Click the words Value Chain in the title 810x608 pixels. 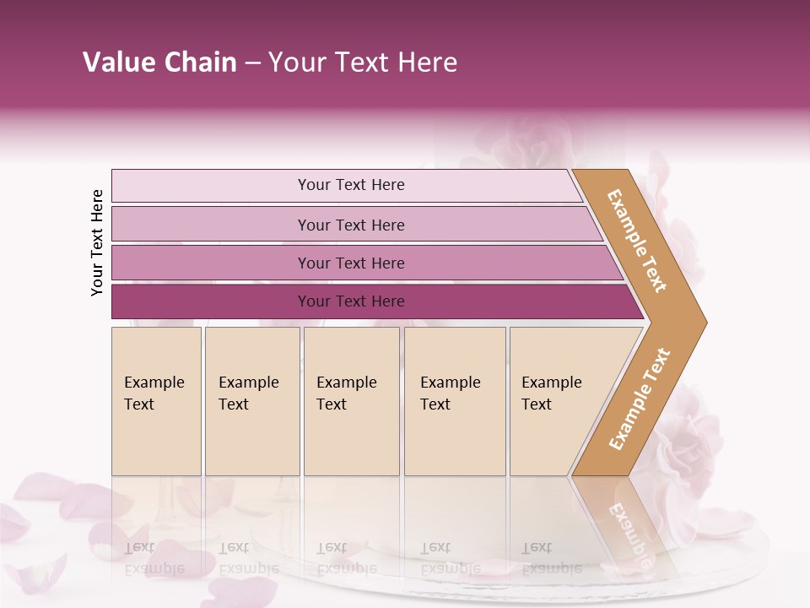point(159,62)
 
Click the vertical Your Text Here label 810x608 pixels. point(97,242)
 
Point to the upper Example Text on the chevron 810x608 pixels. point(637,241)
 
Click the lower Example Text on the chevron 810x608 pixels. point(640,399)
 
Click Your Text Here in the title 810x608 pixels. point(363,62)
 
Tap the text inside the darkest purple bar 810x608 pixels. point(351,301)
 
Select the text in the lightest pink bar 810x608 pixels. point(351,185)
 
